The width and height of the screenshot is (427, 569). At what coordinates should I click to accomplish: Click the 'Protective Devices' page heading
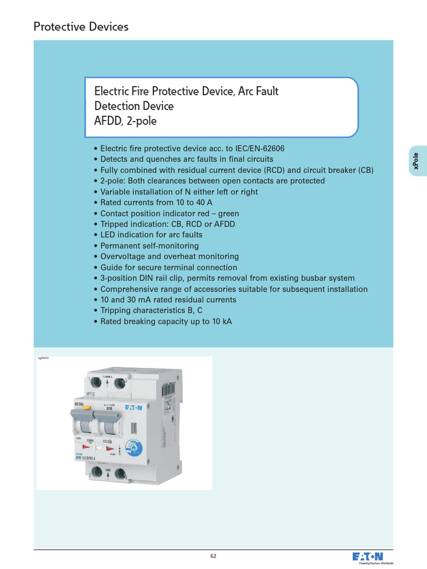pyautogui.click(x=81, y=26)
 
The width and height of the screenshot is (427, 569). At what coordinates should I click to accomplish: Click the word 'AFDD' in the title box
pyautogui.click(x=109, y=121)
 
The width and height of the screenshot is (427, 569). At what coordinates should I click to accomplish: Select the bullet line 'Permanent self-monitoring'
pyautogui.click(x=149, y=246)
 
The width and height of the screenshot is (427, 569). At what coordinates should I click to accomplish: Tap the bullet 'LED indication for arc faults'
pyautogui.click(x=151, y=235)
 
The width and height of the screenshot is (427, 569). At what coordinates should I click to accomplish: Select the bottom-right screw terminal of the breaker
pyautogui.click(x=118, y=474)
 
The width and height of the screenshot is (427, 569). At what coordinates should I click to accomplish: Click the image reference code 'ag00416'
pyautogui.click(x=44, y=358)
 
